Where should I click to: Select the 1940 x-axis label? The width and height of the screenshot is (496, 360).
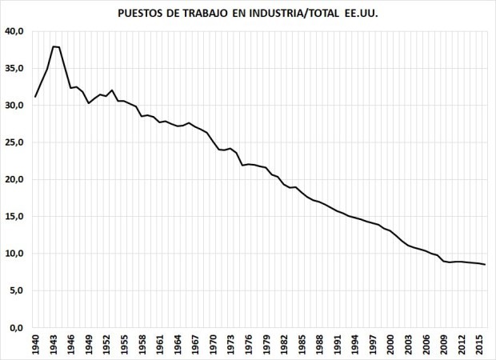35,345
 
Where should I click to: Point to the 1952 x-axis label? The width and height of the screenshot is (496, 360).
106,345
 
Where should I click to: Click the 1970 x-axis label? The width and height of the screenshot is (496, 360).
214,345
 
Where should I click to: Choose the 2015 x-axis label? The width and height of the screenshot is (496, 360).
479,345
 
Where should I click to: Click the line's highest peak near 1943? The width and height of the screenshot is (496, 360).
54,46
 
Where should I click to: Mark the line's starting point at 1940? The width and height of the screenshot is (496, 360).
35,97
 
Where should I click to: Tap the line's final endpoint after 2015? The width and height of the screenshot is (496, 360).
485,265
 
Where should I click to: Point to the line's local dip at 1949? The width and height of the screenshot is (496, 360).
89,103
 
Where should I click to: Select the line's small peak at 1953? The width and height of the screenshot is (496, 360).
113,90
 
